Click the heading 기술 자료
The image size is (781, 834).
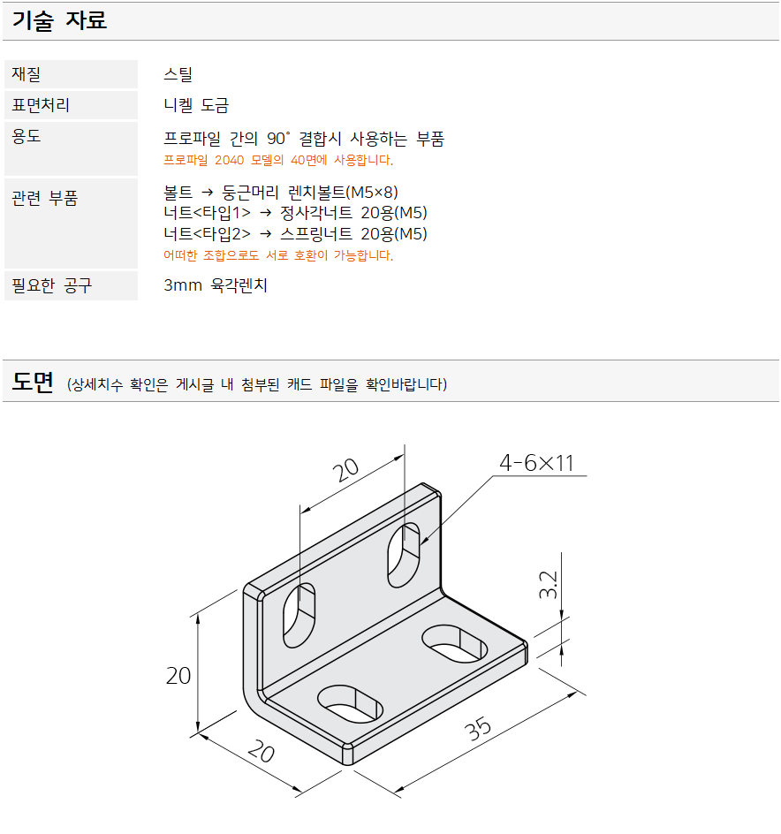pyautogui.click(x=59, y=20)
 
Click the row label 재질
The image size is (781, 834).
pyautogui.click(x=27, y=74)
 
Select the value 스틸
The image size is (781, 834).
pyautogui.click(x=178, y=74)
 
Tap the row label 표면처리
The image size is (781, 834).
pyautogui.click(x=41, y=105)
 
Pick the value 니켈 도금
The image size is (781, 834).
pyautogui.click(x=196, y=105)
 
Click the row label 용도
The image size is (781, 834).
pyautogui.click(x=27, y=136)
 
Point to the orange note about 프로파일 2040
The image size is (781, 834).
pyautogui.click(x=278, y=160)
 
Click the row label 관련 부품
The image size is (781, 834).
pyautogui.click(x=45, y=198)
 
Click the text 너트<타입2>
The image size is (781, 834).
pyautogui.click(x=207, y=233)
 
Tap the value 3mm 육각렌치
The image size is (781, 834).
pyautogui.click(x=216, y=285)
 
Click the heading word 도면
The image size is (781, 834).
pyautogui.click(x=33, y=382)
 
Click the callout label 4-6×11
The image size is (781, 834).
pyautogui.click(x=536, y=463)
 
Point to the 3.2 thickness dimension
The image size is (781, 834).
pyautogui.click(x=548, y=585)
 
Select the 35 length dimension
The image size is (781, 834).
pyautogui.click(x=478, y=728)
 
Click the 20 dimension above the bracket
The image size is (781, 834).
pyautogui.click(x=345, y=469)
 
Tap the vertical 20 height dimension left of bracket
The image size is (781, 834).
pyautogui.click(x=178, y=676)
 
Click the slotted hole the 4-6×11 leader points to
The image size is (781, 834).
pyautogui.click(x=403, y=555)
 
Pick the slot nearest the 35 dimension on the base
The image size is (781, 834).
pyautogui.click(x=455, y=643)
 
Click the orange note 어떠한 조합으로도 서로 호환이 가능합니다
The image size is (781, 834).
pyautogui.click(x=278, y=255)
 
